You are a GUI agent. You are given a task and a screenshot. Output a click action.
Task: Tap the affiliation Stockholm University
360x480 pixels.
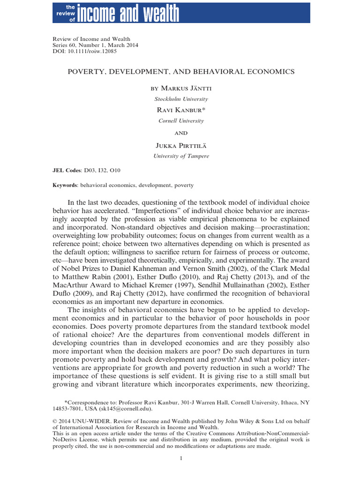181,99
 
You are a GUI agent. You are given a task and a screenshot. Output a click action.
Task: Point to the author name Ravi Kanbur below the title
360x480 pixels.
180,110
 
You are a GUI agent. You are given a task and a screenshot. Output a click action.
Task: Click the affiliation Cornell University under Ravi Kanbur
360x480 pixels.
181,120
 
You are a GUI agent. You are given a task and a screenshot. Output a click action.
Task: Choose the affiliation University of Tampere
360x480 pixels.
181,157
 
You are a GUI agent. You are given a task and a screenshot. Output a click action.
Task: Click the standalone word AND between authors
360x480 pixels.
181,133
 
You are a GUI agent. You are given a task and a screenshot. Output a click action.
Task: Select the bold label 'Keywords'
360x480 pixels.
65,185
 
